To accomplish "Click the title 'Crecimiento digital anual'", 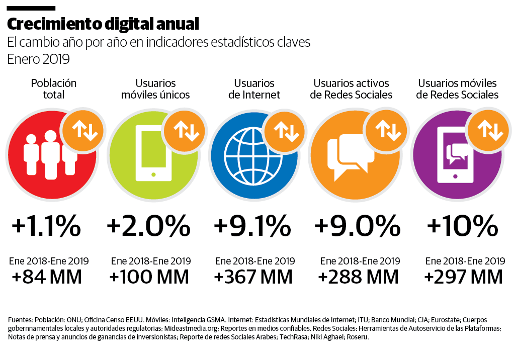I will [x=103, y=24].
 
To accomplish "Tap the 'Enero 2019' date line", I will [x=38, y=59].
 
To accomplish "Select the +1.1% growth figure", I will [x=46, y=227].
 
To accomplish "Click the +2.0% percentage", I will [x=148, y=227].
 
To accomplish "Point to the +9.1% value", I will [x=252, y=227].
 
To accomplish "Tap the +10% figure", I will [x=462, y=227].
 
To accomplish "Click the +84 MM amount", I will [x=46, y=277].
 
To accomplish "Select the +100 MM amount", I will [x=149, y=277].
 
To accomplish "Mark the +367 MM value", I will [x=253, y=277].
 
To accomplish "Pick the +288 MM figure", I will [x=359, y=277].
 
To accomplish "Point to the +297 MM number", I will [x=463, y=277].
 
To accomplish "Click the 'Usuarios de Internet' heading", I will [x=254, y=89].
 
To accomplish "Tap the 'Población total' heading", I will [x=53, y=89].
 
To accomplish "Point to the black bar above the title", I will [x=31, y=9].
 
